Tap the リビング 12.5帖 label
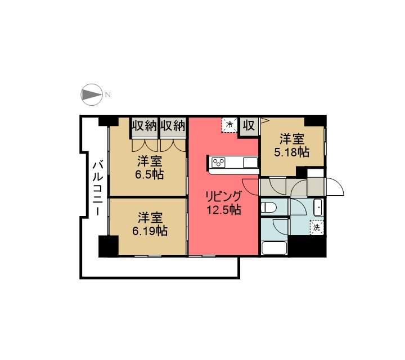223,203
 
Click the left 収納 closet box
144,125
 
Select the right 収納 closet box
173,125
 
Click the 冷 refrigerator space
229,125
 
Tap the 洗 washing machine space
317,228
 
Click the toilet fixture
268,206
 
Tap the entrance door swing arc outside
335,187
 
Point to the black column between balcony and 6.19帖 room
108,246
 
